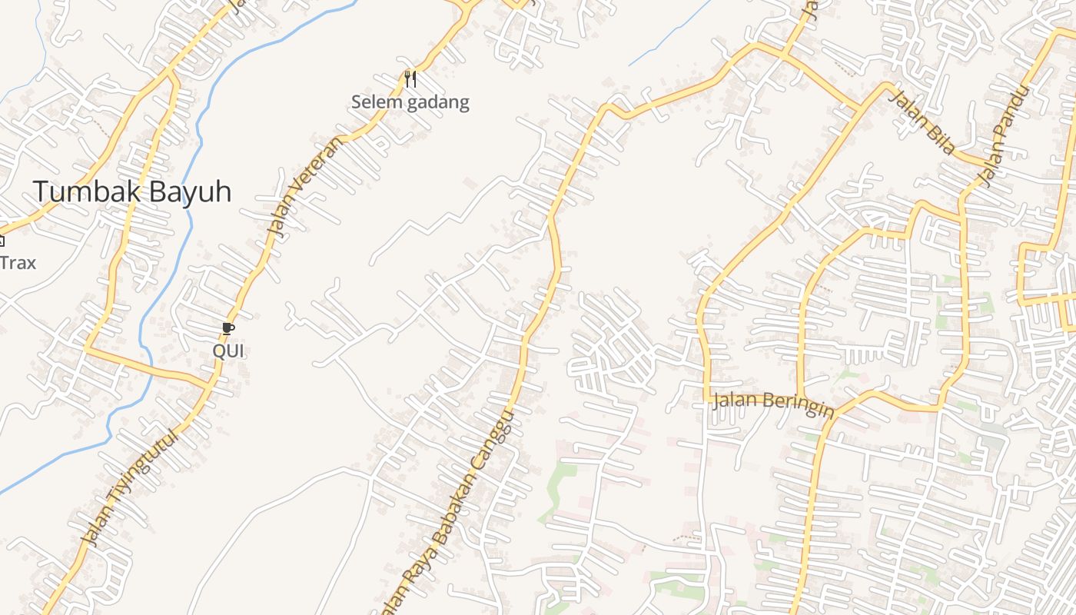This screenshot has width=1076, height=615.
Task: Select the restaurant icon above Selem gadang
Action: pos(410,78)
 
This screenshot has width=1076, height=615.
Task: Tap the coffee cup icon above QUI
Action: pos(227,328)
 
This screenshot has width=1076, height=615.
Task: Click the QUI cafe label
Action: pos(227,351)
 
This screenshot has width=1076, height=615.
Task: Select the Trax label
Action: pos(18,263)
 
